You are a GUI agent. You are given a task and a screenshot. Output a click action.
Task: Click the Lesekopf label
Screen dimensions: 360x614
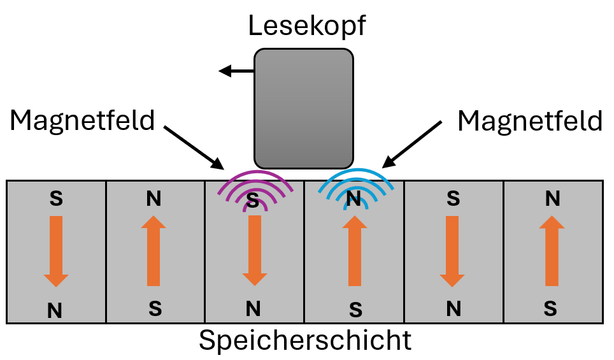tap(308, 26)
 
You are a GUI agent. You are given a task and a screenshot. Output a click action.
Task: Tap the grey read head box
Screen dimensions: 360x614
tap(304, 108)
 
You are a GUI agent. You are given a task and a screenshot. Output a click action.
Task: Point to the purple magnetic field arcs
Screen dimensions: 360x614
tap(254, 189)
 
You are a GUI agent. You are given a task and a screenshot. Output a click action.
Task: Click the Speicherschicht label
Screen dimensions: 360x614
tap(305, 341)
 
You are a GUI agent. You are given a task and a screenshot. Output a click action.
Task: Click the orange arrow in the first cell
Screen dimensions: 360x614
tap(56, 250)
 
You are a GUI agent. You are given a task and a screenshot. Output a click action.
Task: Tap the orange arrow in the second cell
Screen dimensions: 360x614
tap(153, 250)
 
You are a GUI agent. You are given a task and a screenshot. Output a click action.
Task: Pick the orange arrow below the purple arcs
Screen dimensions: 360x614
tap(254, 250)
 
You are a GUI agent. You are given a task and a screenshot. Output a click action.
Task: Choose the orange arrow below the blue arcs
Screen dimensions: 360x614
tap(355, 250)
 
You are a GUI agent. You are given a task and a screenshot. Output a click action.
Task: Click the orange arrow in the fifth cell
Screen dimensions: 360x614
tap(453, 250)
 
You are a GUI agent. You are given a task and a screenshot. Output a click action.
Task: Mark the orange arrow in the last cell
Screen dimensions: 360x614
tap(552, 250)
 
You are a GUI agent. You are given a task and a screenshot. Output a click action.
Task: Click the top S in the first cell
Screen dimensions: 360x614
tap(56, 199)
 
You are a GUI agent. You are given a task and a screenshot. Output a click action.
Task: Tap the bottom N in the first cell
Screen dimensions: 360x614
tap(56, 310)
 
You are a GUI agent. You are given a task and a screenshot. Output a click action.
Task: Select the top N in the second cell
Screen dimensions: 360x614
tap(153, 199)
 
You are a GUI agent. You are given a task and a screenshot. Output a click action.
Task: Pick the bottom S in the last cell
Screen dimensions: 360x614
tap(552, 310)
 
